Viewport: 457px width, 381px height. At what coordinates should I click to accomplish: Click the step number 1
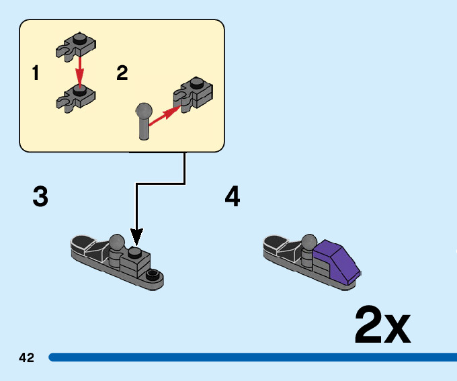35,73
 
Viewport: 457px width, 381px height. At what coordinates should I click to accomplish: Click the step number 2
122,73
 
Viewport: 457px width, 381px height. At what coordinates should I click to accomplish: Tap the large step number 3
40,197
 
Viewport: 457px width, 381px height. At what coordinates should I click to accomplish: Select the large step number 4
233,197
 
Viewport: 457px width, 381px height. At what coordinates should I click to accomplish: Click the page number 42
27,357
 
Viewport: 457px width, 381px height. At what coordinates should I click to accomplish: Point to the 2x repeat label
382,325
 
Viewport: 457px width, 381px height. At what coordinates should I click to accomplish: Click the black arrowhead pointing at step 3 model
136,237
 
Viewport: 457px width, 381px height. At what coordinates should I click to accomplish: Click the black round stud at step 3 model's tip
154,274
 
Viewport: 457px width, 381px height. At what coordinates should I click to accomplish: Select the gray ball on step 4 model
310,241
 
